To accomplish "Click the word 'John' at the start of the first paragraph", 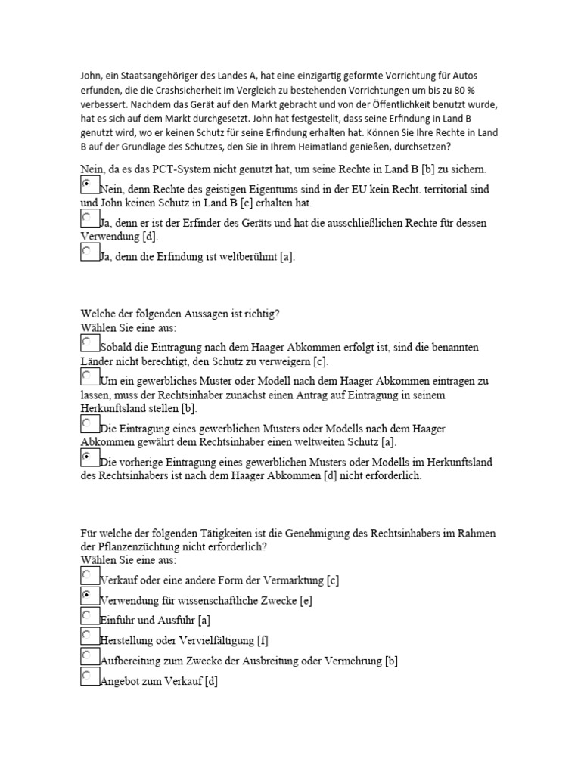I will pyautogui.click(x=91, y=76).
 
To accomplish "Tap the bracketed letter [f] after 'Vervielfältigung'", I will pyautogui.click(x=263, y=641).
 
